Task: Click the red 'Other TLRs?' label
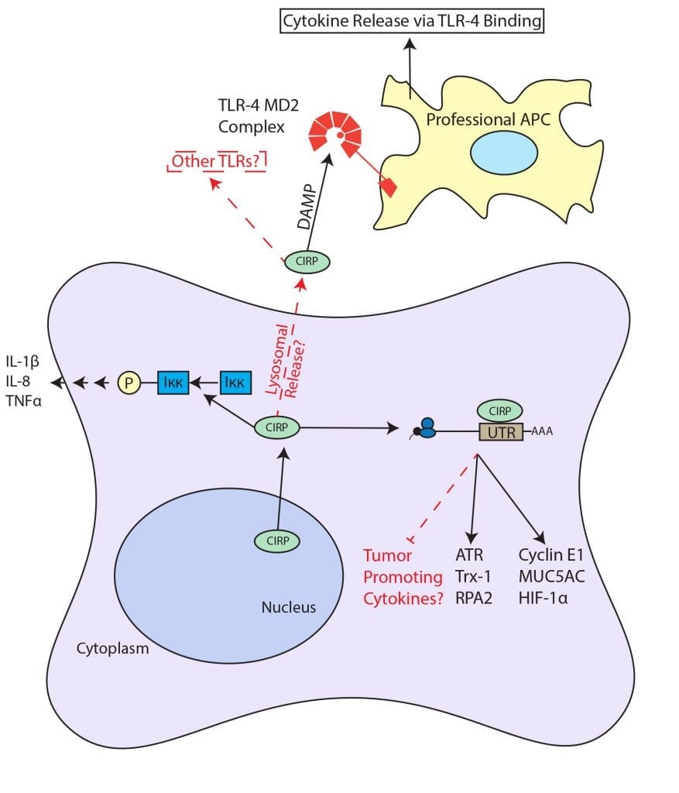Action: tap(218, 161)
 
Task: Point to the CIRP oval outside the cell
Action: tap(307, 262)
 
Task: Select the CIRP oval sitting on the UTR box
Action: tap(500, 410)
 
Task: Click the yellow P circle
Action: tap(129, 382)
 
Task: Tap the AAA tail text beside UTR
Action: tap(542, 434)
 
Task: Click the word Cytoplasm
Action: tap(113, 647)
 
